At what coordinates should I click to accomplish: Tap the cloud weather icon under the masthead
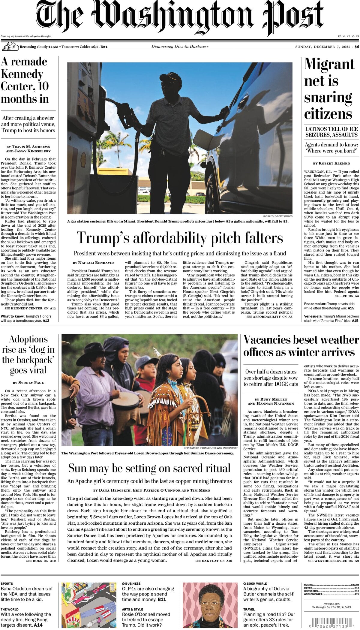point(10,47)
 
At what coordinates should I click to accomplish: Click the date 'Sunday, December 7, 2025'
point(323,47)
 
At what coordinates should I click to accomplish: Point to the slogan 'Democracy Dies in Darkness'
point(180,47)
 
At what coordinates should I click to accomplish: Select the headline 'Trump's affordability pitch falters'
point(180,238)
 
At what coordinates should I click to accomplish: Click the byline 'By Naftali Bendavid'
point(93,263)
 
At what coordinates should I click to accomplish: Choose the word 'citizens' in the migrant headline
point(328,114)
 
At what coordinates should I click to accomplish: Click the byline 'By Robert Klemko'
point(331,163)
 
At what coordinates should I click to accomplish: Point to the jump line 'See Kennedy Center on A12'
point(30,308)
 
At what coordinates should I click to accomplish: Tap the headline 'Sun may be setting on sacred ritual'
point(149,468)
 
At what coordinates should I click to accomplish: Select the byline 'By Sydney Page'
point(28,383)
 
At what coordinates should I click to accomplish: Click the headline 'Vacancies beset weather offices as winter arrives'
point(301,346)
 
